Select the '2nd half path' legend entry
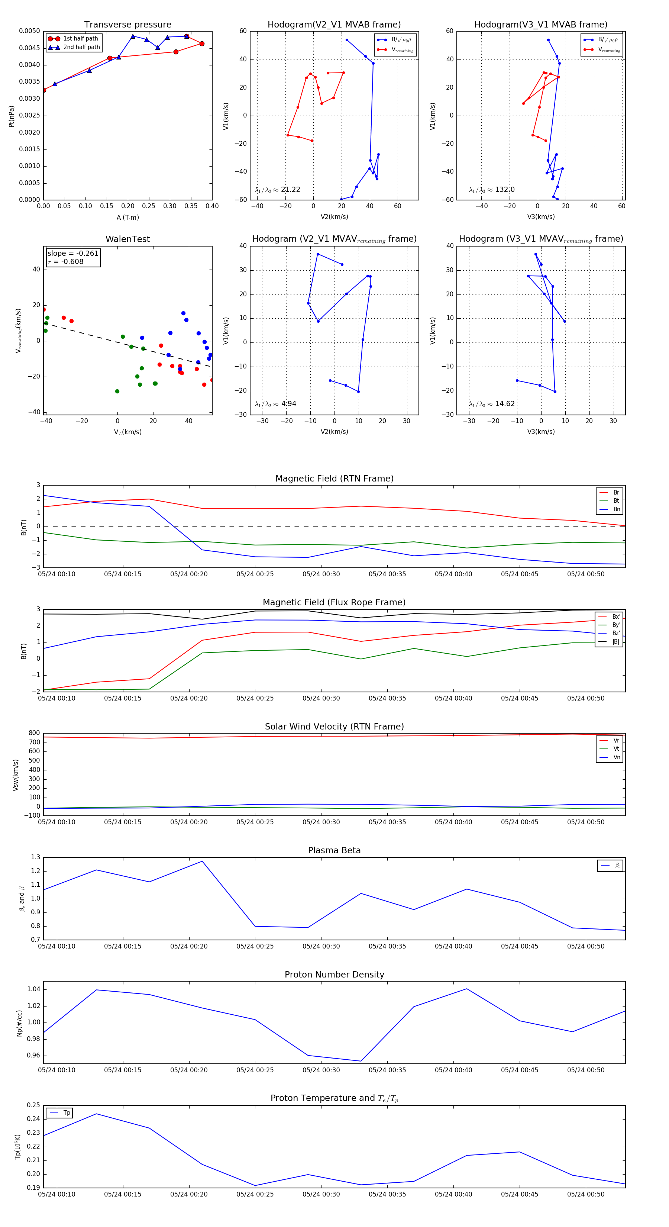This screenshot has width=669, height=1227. tap(81, 47)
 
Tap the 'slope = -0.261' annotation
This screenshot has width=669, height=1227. tap(73, 254)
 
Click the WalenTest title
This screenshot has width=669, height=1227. tap(127, 239)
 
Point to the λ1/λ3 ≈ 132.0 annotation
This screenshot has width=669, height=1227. tap(491, 190)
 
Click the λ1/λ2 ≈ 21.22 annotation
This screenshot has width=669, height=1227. tap(277, 190)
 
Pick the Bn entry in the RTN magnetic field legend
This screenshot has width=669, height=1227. tap(616, 509)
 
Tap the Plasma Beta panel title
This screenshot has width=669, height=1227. tap(334, 851)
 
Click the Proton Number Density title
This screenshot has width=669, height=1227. tap(334, 975)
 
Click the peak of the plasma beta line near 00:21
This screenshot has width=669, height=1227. tap(202, 861)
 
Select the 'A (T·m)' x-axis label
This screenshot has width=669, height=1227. tap(127, 218)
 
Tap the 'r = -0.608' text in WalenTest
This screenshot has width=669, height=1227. tap(66, 261)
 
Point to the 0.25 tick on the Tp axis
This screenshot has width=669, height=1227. tap(33, 1105)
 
